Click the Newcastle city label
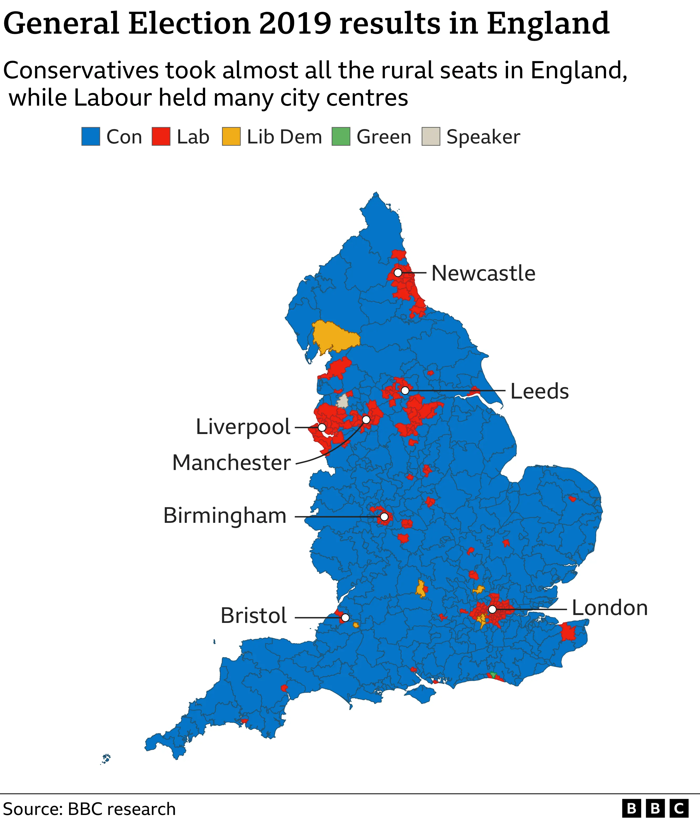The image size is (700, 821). (x=483, y=273)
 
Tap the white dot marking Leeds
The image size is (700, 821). (x=405, y=390)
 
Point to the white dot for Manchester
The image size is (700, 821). (x=366, y=419)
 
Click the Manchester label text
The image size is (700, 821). (x=232, y=463)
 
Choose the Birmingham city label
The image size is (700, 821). (x=225, y=516)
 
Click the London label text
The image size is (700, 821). (x=610, y=608)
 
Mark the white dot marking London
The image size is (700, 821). (x=492, y=610)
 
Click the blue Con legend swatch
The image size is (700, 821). (x=91, y=137)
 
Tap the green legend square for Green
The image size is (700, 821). (x=341, y=137)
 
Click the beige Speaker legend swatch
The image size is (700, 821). (x=431, y=137)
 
